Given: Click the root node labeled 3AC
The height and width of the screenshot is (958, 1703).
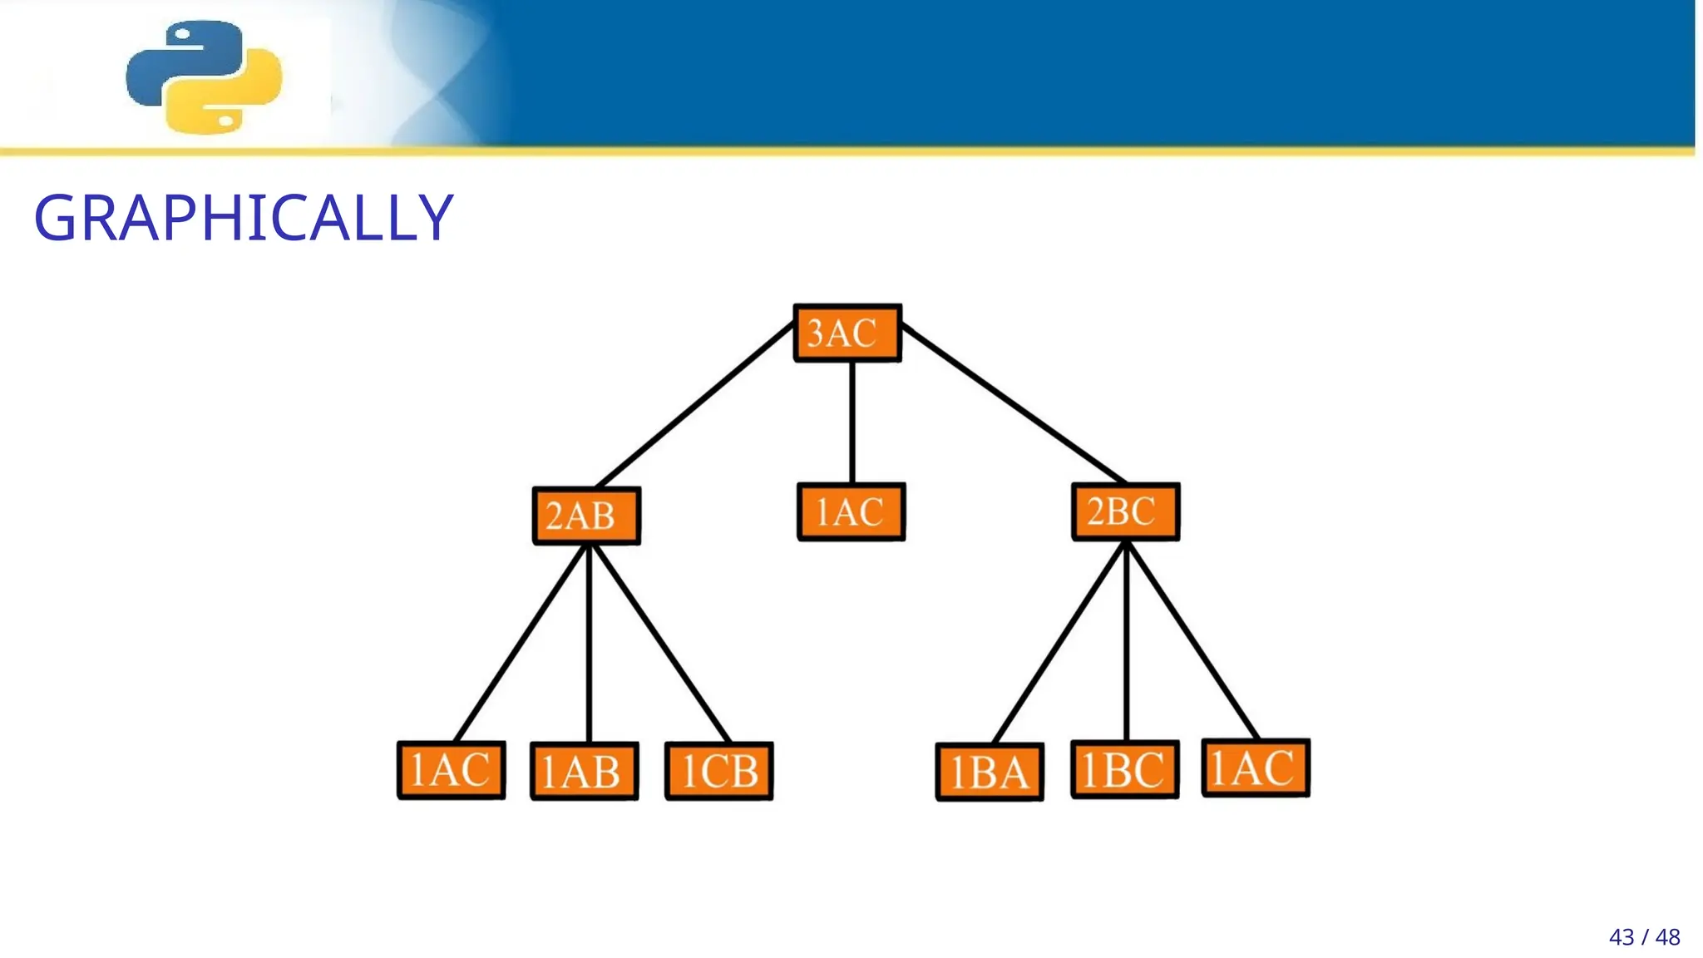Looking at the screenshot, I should [x=847, y=333].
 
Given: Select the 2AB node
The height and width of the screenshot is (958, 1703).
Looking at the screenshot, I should [x=586, y=516].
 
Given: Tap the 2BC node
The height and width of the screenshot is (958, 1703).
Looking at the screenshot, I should [x=1125, y=511].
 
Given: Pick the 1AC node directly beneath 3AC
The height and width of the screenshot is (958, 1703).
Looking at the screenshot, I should [x=851, y=512].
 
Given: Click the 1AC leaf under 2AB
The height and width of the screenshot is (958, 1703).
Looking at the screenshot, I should [x=452, y=770].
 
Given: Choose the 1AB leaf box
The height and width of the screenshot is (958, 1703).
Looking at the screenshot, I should [x=585, y=771].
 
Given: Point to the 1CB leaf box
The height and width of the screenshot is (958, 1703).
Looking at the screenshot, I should [x=719, y=771].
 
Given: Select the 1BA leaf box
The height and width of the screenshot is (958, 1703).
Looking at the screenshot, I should [x=990, y=772].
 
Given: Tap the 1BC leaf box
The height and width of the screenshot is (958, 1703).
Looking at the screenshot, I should [x=1125, y=769].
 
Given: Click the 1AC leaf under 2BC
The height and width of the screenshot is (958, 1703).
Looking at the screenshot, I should [x=1256, y=768].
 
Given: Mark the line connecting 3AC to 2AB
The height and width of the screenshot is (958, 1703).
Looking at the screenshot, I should [x=695, y=405].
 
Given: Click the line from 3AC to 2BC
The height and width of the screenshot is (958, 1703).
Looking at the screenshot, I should [x=1014, y=403].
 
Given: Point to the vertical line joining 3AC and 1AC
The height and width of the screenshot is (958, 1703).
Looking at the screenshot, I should [x=852, y=422].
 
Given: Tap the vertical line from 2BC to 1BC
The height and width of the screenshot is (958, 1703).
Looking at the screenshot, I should [x=1127, y=640].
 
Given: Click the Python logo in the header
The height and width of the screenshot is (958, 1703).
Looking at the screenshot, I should [x=205, y=77].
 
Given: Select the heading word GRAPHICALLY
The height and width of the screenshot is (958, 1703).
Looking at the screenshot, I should [x=244, y=218].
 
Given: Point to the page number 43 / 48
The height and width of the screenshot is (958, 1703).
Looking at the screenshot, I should [x=1644, y=937].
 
